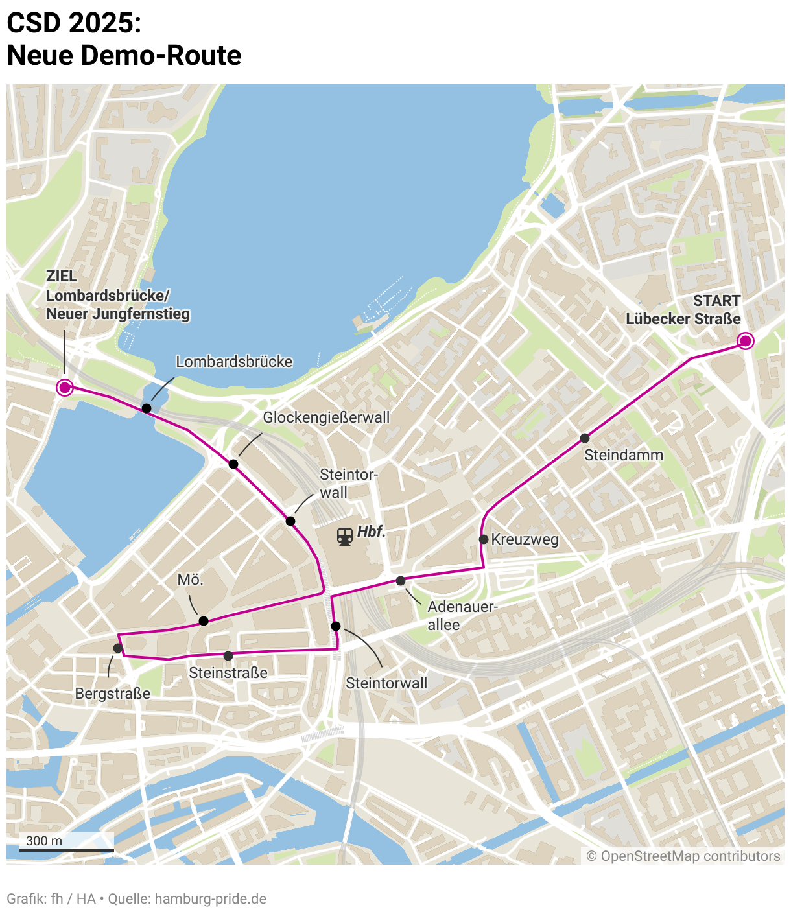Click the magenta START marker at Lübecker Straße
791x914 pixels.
[x=746, y=340]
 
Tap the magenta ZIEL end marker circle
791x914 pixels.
[x=64, y=387]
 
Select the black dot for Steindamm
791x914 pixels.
[x=585, y=438]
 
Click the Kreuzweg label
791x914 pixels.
[x=525, y=539]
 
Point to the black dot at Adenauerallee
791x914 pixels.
[x=401, y=581]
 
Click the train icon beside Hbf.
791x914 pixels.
[x=345, y=536]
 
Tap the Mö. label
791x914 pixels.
[x=191, y=580]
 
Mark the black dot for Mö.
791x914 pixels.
[x=204, y=621]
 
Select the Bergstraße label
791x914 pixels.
[x=113, y=694]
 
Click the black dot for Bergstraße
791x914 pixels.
[x=118, y=648]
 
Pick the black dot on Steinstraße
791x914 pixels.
[x=228, y=656]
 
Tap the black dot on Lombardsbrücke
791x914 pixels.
[x=147, y=408]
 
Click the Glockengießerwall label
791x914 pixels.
[x=326, y=417]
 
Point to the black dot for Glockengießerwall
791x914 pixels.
[x=233, y=464]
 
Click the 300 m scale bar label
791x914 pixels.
[x=44, y=841]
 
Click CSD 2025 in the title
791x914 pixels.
[x=74, y=23]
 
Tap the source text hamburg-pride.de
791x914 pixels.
[x=211, y=899]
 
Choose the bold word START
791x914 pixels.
[x=716, y=301]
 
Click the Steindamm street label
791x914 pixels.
[x=624, y=455]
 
